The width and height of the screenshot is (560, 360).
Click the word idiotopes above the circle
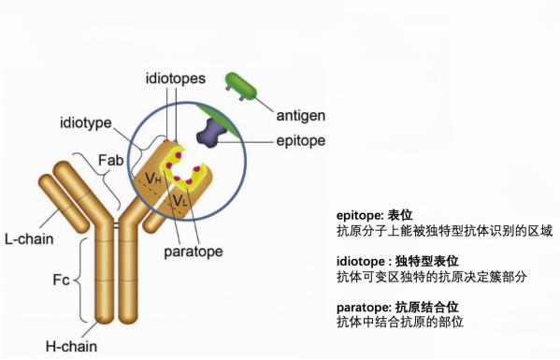coord(176,79)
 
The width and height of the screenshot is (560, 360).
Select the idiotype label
coord(86,122)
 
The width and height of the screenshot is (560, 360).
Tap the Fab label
coord(110,160)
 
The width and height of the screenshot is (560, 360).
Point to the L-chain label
coord(29,239)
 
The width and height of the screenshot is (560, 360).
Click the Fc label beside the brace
coord(61,280)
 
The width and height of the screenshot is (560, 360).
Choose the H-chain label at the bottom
coord(71,346)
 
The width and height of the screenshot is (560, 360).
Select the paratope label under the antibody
coord(194,252)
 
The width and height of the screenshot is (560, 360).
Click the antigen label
coord(301,116)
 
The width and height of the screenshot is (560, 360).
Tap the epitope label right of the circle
coord(301,140)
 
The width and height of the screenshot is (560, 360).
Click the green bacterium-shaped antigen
coord(241,85)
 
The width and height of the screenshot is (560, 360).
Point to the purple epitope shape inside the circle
coord(211,133)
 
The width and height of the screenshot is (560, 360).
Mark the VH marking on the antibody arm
coord(153,179)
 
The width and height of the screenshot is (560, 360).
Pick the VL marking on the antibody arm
coord(179,200)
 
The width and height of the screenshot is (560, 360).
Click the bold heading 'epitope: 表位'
coord(374,215)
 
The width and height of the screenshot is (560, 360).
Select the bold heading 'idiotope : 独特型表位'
coord(397,262)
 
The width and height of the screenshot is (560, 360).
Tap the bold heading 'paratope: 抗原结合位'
coord(397,308)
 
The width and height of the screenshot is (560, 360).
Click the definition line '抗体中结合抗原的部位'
coord(400,323)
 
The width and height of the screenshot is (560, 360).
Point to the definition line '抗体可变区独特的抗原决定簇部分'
coord(431,277)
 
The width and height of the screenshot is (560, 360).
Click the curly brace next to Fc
coord(76,280)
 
